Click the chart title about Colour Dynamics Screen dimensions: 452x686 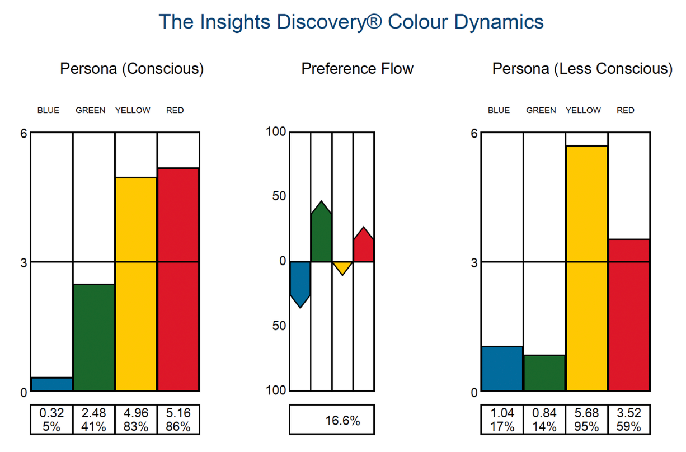click(x=351, y=22)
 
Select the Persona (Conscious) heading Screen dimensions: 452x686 click(x=131, y=69)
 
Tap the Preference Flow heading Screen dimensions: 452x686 click(x=357, y=69)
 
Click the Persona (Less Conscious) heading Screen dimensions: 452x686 click(x=582, y=69)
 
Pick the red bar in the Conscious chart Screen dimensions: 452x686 click(x=178, y=280)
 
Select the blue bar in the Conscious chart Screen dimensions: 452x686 click(x=51, y=384)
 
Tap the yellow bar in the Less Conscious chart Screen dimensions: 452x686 click(x=586, y=269)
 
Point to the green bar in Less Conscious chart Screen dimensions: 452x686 click(x=544, y=373)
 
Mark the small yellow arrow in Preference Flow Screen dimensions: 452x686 click(x=342, y=266)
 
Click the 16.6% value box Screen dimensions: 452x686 click(x=331, y=420)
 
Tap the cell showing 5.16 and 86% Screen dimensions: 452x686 click(x=178, y=420)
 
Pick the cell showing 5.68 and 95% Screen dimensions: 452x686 click(x=586, y=420)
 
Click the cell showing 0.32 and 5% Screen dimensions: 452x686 click(x=51, y=420)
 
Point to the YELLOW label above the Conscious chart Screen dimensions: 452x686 click(x=133, y=110)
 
